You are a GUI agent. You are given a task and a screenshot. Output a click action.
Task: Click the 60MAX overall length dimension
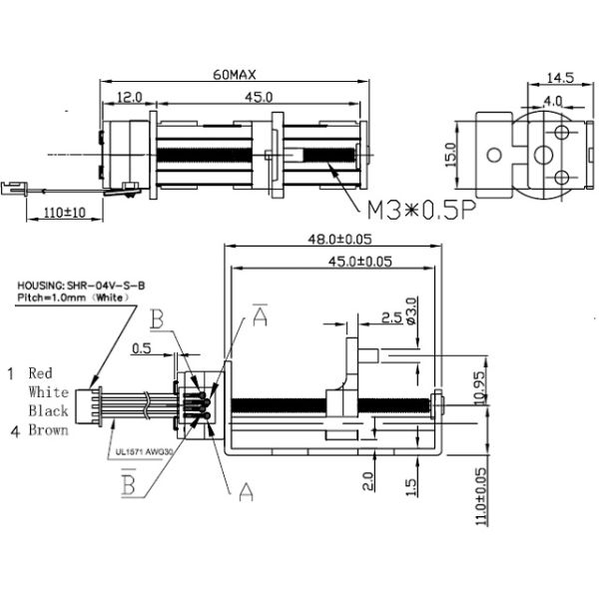(236, 75)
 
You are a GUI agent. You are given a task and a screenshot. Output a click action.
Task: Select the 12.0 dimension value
(129, 97)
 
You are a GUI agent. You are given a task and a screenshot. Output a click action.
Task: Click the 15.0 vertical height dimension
(450, 154)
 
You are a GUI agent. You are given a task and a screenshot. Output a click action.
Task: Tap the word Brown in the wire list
(48, 430)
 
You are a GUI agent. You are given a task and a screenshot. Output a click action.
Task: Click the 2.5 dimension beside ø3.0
(392, 318)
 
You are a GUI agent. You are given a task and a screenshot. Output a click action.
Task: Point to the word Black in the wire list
(48, 411)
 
